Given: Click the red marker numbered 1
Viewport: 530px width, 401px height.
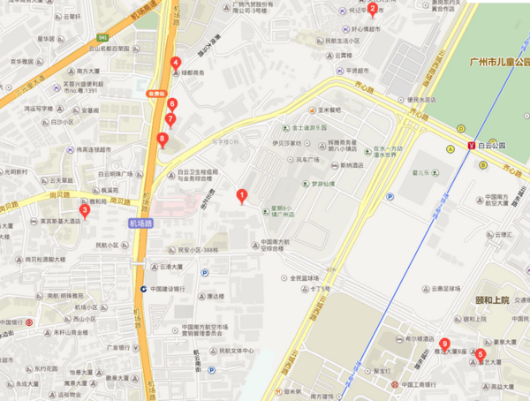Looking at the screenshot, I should point(241,195).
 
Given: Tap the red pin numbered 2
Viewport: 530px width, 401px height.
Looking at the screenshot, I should point(373,11).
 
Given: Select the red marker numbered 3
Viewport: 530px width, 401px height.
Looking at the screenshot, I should point(85,210).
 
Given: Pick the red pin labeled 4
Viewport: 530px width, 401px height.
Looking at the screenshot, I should point(176,63).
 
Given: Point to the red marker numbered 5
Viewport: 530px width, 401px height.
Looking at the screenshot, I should point(480,355).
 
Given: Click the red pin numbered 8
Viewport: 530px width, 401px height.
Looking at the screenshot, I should point(162,138).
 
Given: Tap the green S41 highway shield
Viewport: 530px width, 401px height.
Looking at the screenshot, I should point(103,37).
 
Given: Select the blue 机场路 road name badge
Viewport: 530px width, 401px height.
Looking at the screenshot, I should point(140,223).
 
